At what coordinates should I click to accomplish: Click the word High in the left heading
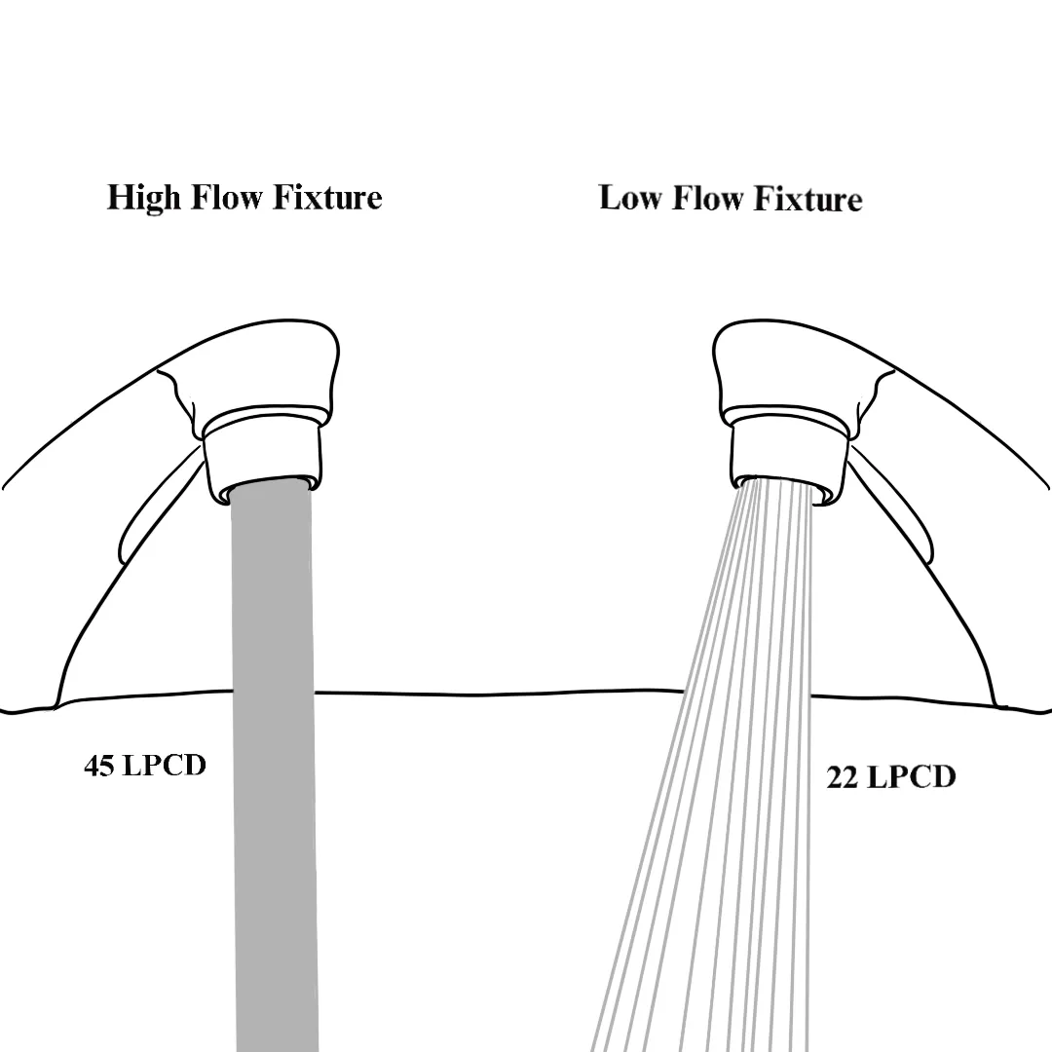[x=144, y=198]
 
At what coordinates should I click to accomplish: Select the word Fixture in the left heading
[x=327, y=198]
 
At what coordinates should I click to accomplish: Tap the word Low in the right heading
[x=629, y=198]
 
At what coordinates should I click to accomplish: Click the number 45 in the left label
[x=99, y=766]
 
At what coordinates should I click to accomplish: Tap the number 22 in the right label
[x=843, y=777]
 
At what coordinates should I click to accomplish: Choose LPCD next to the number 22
[x=911, y=777]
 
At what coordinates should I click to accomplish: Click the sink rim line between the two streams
[x=497, y=694]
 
